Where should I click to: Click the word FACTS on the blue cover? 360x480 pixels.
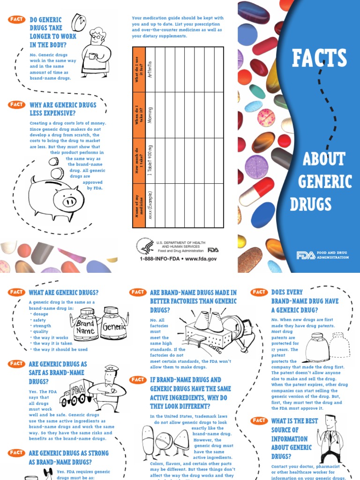[319, 58]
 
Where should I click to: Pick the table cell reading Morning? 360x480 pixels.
[150, 115]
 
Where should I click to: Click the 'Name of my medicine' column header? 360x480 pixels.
[139, 206]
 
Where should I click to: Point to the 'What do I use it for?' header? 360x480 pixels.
[139, 69]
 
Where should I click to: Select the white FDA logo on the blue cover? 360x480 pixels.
[306, 255]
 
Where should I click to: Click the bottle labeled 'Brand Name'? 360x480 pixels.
[86, 322]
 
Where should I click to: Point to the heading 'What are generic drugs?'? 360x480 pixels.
[64, 292]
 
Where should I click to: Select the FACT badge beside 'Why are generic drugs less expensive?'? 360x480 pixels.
[16, 105]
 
